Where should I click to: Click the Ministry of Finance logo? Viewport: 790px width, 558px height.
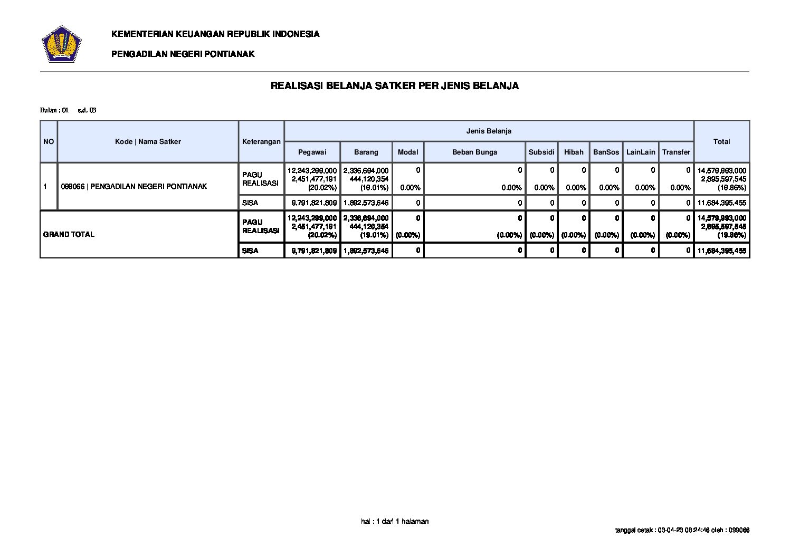pos(61,44)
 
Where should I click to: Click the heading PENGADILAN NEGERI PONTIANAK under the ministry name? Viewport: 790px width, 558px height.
pos(183,54)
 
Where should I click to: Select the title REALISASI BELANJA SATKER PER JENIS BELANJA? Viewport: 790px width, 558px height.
pos(394,85)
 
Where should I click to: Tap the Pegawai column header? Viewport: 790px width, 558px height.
pos(312,152)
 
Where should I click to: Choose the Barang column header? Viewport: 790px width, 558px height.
pos(366,152)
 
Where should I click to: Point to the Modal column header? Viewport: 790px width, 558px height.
pos(407,152)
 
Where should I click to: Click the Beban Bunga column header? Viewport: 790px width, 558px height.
pos(474,152)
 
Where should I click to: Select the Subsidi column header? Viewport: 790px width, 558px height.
pos(541,152)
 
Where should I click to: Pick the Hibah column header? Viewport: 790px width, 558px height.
pos(574,152)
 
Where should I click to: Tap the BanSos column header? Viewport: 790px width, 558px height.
pos(606,152)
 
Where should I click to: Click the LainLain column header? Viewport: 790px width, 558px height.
pos(641,152)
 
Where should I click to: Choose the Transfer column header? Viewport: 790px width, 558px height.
pos(676,152)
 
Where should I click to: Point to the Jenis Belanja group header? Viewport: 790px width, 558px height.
pos(489,131)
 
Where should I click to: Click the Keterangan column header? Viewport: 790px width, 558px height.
pos(261,141)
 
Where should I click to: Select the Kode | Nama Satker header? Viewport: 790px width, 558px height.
pos(148,141)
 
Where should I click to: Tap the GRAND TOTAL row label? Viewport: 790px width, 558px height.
pos(69,234)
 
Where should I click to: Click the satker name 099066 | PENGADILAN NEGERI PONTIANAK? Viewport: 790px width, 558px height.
pos(134,186)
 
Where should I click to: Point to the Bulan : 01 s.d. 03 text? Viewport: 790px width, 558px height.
pos(68,110)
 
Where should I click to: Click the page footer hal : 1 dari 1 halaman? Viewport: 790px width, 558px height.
pos(395,521)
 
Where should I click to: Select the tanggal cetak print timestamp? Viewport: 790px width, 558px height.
pos(682,530)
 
